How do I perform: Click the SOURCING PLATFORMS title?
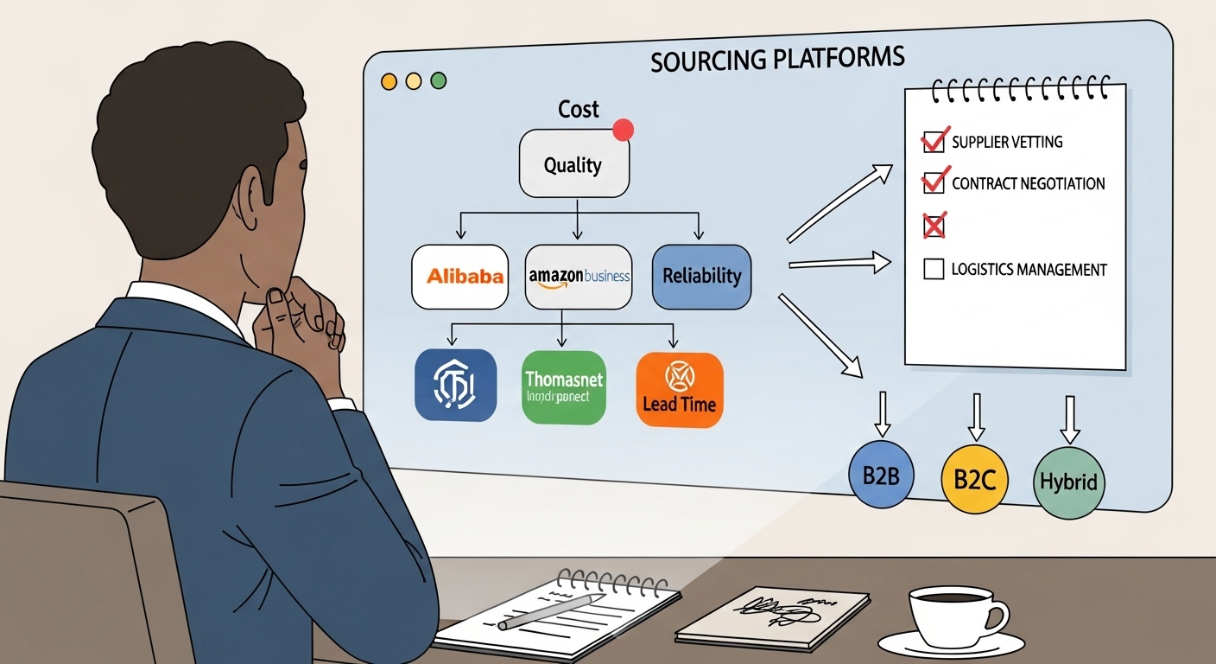pyautogui.click(x=777, y=60)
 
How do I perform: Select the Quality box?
pyautogui.click(x=573, y=164)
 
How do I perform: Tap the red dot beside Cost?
pyautogui.click(x=623, y=130)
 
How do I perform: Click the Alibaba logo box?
pyautogui.click(x=459, y=277)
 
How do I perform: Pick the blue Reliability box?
pyautogui.click(x=701, y=277)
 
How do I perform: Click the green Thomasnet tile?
pyautogui.click(x=564, y=386)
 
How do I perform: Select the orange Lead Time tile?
pyautogui.click(x=679, y=390)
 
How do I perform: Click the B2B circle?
pyautogui.click(x=881, y=475)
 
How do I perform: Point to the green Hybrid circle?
pyautogui.click(x=1068, y=482)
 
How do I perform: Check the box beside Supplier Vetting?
pyautogui.click(x=933, y=141)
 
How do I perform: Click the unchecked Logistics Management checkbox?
pyautogui.click(x=934, y=269)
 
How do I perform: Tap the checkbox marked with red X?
pyautogui.click(x=934, y=227)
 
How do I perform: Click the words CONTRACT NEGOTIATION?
pyautogui.click(x=1028, y=183)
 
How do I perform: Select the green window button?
pyautogui.click(x=439, y=80)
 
